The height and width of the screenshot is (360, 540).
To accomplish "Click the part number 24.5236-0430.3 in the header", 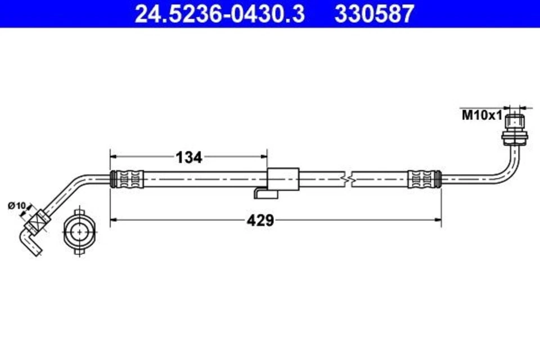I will [x=220, y=13].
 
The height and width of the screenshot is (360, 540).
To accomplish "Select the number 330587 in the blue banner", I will [x=374, y=13].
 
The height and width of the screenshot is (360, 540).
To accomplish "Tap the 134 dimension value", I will [x=189, y=157].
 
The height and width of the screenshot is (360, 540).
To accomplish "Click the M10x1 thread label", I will [x=481, y=116].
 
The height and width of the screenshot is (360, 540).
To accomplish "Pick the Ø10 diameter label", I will [x=17, y=206].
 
